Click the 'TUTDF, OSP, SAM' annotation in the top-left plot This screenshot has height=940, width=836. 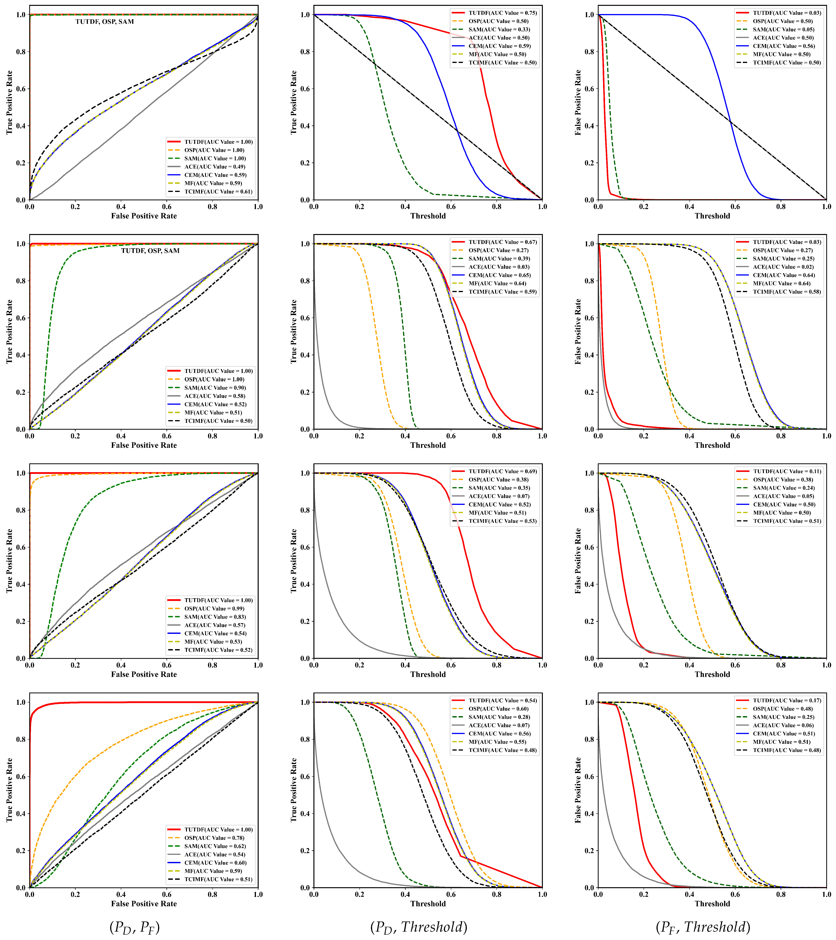coord(104,22)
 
